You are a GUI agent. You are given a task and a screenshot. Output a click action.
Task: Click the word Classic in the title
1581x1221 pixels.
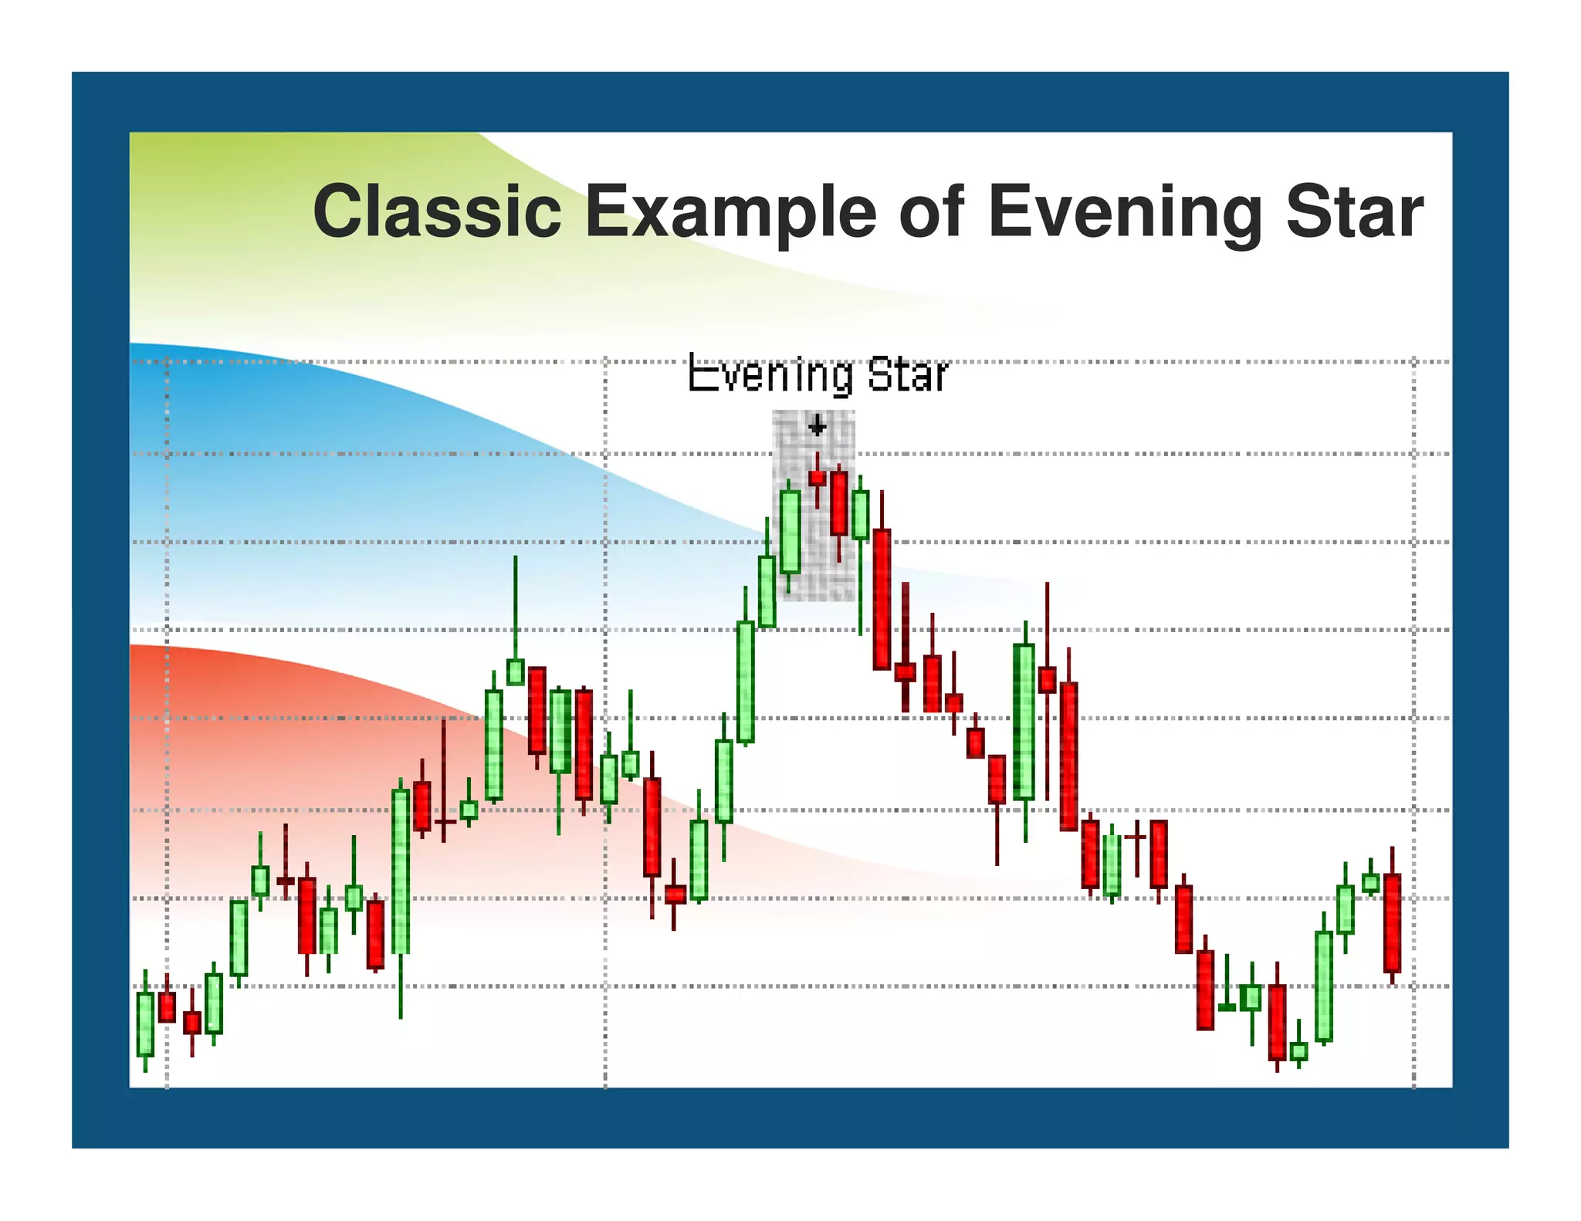point(437,211)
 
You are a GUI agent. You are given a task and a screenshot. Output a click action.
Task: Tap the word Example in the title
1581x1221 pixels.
point(730,213)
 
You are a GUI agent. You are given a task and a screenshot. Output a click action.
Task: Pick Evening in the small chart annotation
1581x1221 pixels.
point(770,376)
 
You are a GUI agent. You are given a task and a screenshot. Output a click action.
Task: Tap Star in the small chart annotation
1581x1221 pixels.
point(907,376)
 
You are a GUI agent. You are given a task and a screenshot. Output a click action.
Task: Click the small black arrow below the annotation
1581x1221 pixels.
point(817,425)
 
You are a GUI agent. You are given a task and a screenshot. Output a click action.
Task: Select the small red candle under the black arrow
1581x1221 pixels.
point(817,478)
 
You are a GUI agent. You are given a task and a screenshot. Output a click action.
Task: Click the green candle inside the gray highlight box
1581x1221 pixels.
point(789,532)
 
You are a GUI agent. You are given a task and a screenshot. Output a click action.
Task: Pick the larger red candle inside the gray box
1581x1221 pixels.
point(838,503)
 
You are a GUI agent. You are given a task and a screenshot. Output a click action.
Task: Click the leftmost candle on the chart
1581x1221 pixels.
point(145,1023)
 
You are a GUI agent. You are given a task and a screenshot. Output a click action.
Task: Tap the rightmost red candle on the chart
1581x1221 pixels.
point(1392,922)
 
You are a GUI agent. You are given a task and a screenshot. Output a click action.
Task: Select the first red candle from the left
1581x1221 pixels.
point(167,1006)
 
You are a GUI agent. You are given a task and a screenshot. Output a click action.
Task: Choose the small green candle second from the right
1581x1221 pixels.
point(1370,882)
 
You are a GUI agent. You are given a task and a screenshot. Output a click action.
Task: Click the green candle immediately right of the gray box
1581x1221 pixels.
point(860,514)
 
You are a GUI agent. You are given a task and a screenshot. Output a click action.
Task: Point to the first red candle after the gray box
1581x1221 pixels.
point(882,599)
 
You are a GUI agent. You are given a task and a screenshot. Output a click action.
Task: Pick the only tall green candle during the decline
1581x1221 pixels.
point(1024,721)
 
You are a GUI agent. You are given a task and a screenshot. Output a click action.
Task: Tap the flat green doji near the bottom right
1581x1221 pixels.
point(1227,1006)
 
